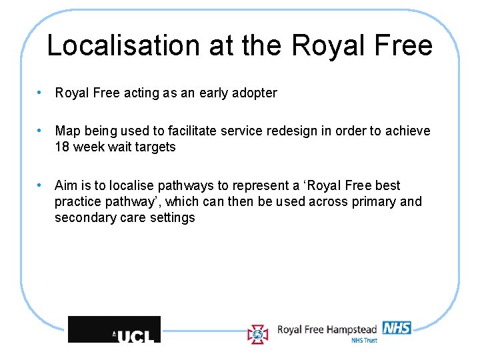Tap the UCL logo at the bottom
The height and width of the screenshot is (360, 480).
click(x=115, y=330)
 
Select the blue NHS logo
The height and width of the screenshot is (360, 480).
click(x=396, y=327)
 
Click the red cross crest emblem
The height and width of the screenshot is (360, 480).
click(x=258, y=333)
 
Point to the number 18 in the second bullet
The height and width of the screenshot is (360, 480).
click(x=62, y=147)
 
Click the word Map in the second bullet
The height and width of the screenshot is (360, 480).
click(x=67, y=131)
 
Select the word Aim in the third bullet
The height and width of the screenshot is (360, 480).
click(x=66, y=185)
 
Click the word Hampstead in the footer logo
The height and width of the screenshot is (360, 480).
click(x=351, y=329)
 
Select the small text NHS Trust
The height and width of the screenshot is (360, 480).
click(x=364, y=340)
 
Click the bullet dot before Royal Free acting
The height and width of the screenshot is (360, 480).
click(x=41, y=93)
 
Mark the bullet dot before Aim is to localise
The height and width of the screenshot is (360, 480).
click(x=41, y=185)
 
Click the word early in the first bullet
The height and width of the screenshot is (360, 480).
click(x=214, y=93)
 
